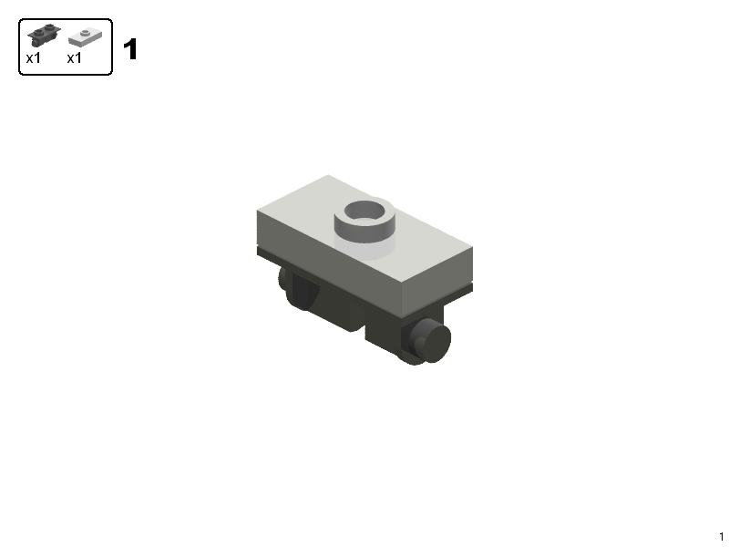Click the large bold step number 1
click(x=130, y=49)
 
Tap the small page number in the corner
click(x=722, y=536)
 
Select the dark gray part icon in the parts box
click(x=44, y=35)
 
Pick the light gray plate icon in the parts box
click(x=85, y=36)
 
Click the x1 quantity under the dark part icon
click(x=34, y=58)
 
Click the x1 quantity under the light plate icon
click(x=75, y=58)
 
